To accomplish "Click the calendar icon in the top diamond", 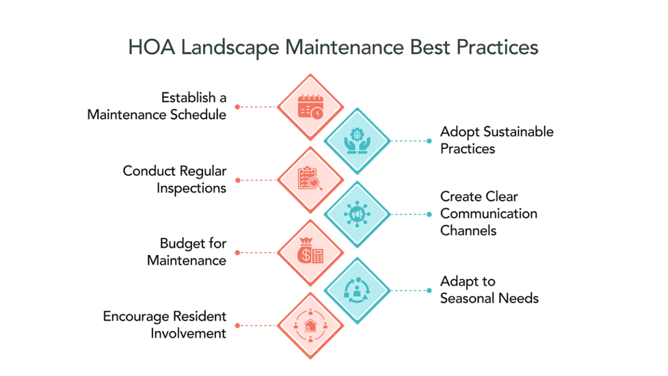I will (310, 107).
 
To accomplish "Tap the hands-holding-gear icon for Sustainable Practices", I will (356, 141).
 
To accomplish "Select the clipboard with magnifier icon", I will (310, 180).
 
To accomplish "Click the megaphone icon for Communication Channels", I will (356, 214).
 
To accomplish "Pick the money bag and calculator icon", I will (310, 253).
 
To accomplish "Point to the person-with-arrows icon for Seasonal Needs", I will (356, 290).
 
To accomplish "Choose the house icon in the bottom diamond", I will (310, 326).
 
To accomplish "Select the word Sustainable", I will (497, 131).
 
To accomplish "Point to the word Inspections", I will (191, 188).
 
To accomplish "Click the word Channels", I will (468, 230).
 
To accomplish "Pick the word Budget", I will (183, 243).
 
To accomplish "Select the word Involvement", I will (189, 334).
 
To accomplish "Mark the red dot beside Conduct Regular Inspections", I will (237, 180).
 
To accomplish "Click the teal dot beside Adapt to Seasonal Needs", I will (429, 290).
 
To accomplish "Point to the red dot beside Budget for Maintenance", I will (237, 253).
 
